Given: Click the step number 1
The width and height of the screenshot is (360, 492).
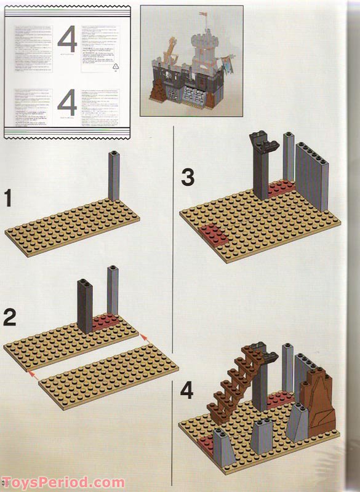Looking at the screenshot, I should [x=8, y=199].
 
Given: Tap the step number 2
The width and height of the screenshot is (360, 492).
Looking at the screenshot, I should [x=9, y=317].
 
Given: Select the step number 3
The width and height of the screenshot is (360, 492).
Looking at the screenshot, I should [x=188, y=178].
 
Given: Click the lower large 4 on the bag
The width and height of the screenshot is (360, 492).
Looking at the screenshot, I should [x=66, y=103].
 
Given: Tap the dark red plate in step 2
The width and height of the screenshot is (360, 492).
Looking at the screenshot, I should [x=108, y=322].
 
